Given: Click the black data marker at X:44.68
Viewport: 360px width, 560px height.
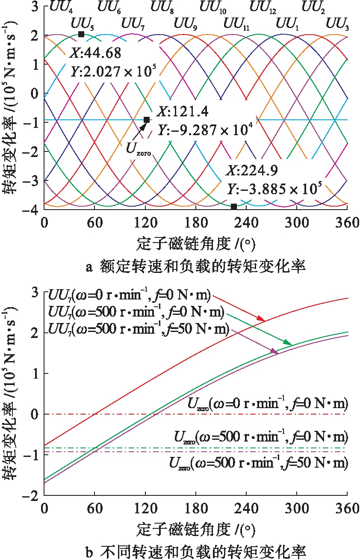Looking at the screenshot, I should coord(81,34).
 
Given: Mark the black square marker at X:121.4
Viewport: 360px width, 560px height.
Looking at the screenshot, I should coord(146,120).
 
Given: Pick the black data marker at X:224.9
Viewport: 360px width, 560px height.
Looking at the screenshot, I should coord(234,207).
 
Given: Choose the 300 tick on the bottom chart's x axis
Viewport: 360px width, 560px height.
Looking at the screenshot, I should coord(297,508).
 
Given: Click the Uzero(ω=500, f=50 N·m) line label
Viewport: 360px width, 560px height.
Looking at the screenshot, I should coord(258,463).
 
